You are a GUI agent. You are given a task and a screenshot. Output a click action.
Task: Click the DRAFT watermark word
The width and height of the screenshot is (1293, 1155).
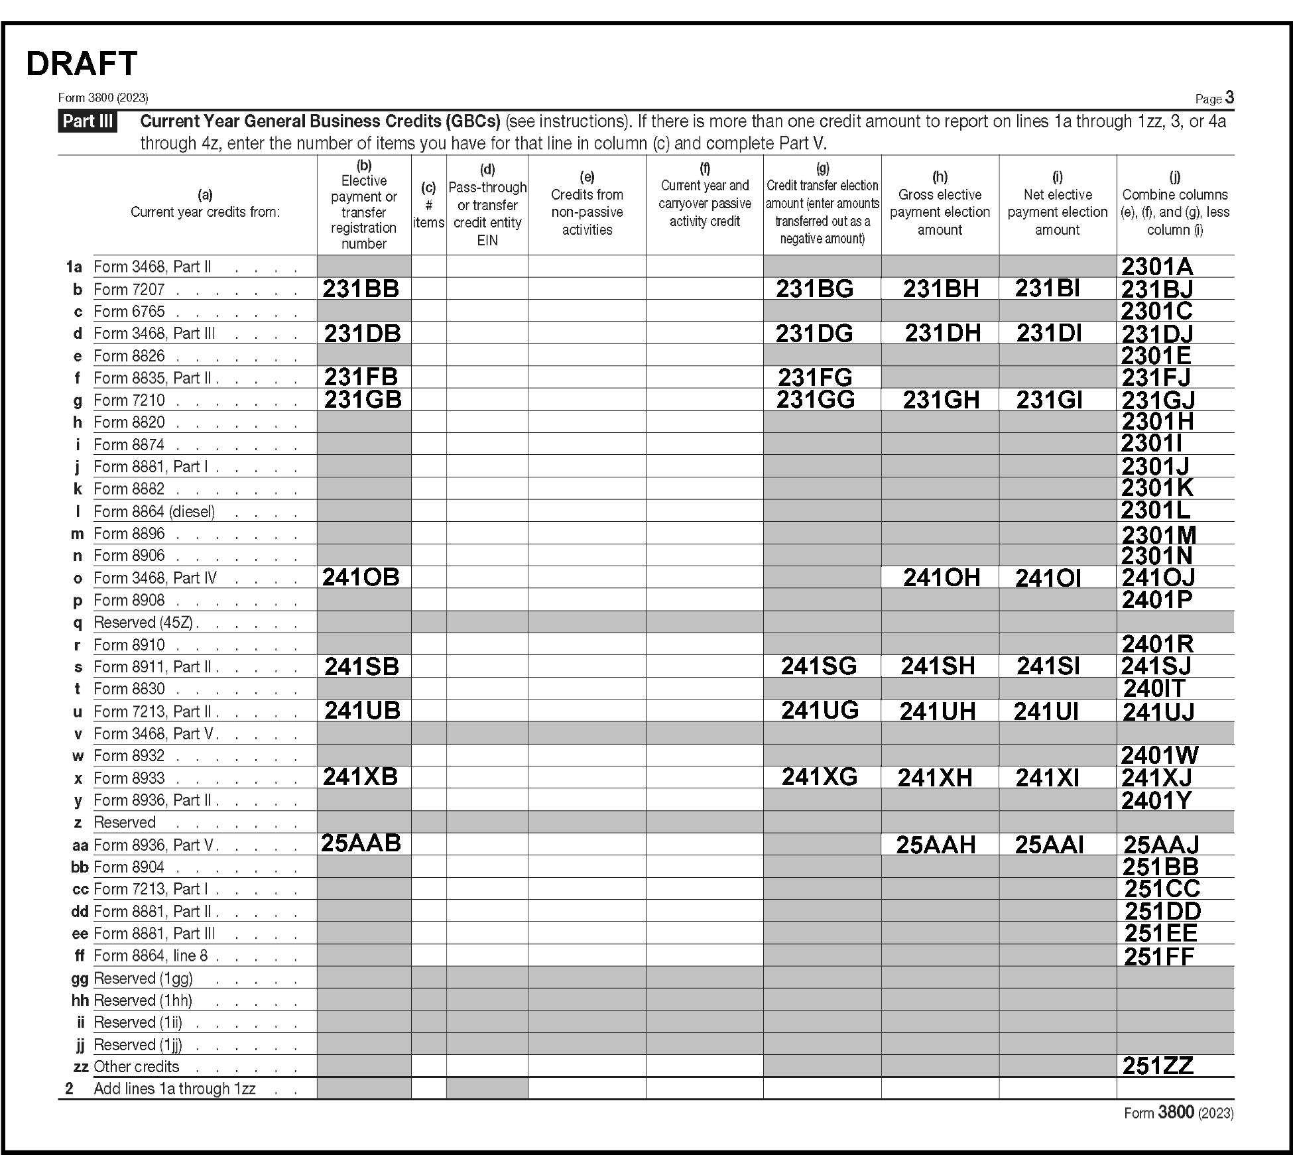click(82, 64)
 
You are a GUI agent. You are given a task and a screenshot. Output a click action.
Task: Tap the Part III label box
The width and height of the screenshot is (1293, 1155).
click(88, 122)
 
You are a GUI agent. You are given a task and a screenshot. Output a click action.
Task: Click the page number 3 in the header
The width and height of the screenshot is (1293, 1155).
click(1229, 98)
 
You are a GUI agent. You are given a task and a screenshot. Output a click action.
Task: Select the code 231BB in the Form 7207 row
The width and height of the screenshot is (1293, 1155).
click(361, 288)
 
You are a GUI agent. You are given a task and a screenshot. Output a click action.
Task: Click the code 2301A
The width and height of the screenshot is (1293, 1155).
click(1157, 267)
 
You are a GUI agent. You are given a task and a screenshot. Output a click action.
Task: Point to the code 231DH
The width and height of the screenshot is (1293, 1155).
click(942, 333)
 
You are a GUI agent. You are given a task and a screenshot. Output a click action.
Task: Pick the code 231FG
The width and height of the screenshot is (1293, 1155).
click(815, 377)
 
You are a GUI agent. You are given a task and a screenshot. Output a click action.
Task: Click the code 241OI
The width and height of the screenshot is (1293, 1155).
click(1048, 578)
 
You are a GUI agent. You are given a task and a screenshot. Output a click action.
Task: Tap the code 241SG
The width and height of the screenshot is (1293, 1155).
click(818, 666)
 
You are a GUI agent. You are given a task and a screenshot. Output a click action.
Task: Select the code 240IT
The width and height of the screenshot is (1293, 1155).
click(1154, 689)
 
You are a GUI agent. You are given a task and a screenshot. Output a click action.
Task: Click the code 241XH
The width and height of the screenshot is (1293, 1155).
click(934, 778)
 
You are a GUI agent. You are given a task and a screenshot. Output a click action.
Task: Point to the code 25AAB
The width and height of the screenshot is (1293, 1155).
click(361, 843)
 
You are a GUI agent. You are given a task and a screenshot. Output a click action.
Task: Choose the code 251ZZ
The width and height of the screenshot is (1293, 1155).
click(1158, 1066)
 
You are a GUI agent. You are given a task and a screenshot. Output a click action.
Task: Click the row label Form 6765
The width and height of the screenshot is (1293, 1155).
click(129, 312)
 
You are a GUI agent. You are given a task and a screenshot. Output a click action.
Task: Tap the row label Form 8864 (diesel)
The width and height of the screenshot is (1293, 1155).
click(154, 512)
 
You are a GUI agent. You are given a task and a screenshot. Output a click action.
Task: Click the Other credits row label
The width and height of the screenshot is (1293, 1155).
click(137, 1067)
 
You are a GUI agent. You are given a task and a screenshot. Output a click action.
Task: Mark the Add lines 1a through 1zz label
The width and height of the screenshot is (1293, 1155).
click(174, 1089)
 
